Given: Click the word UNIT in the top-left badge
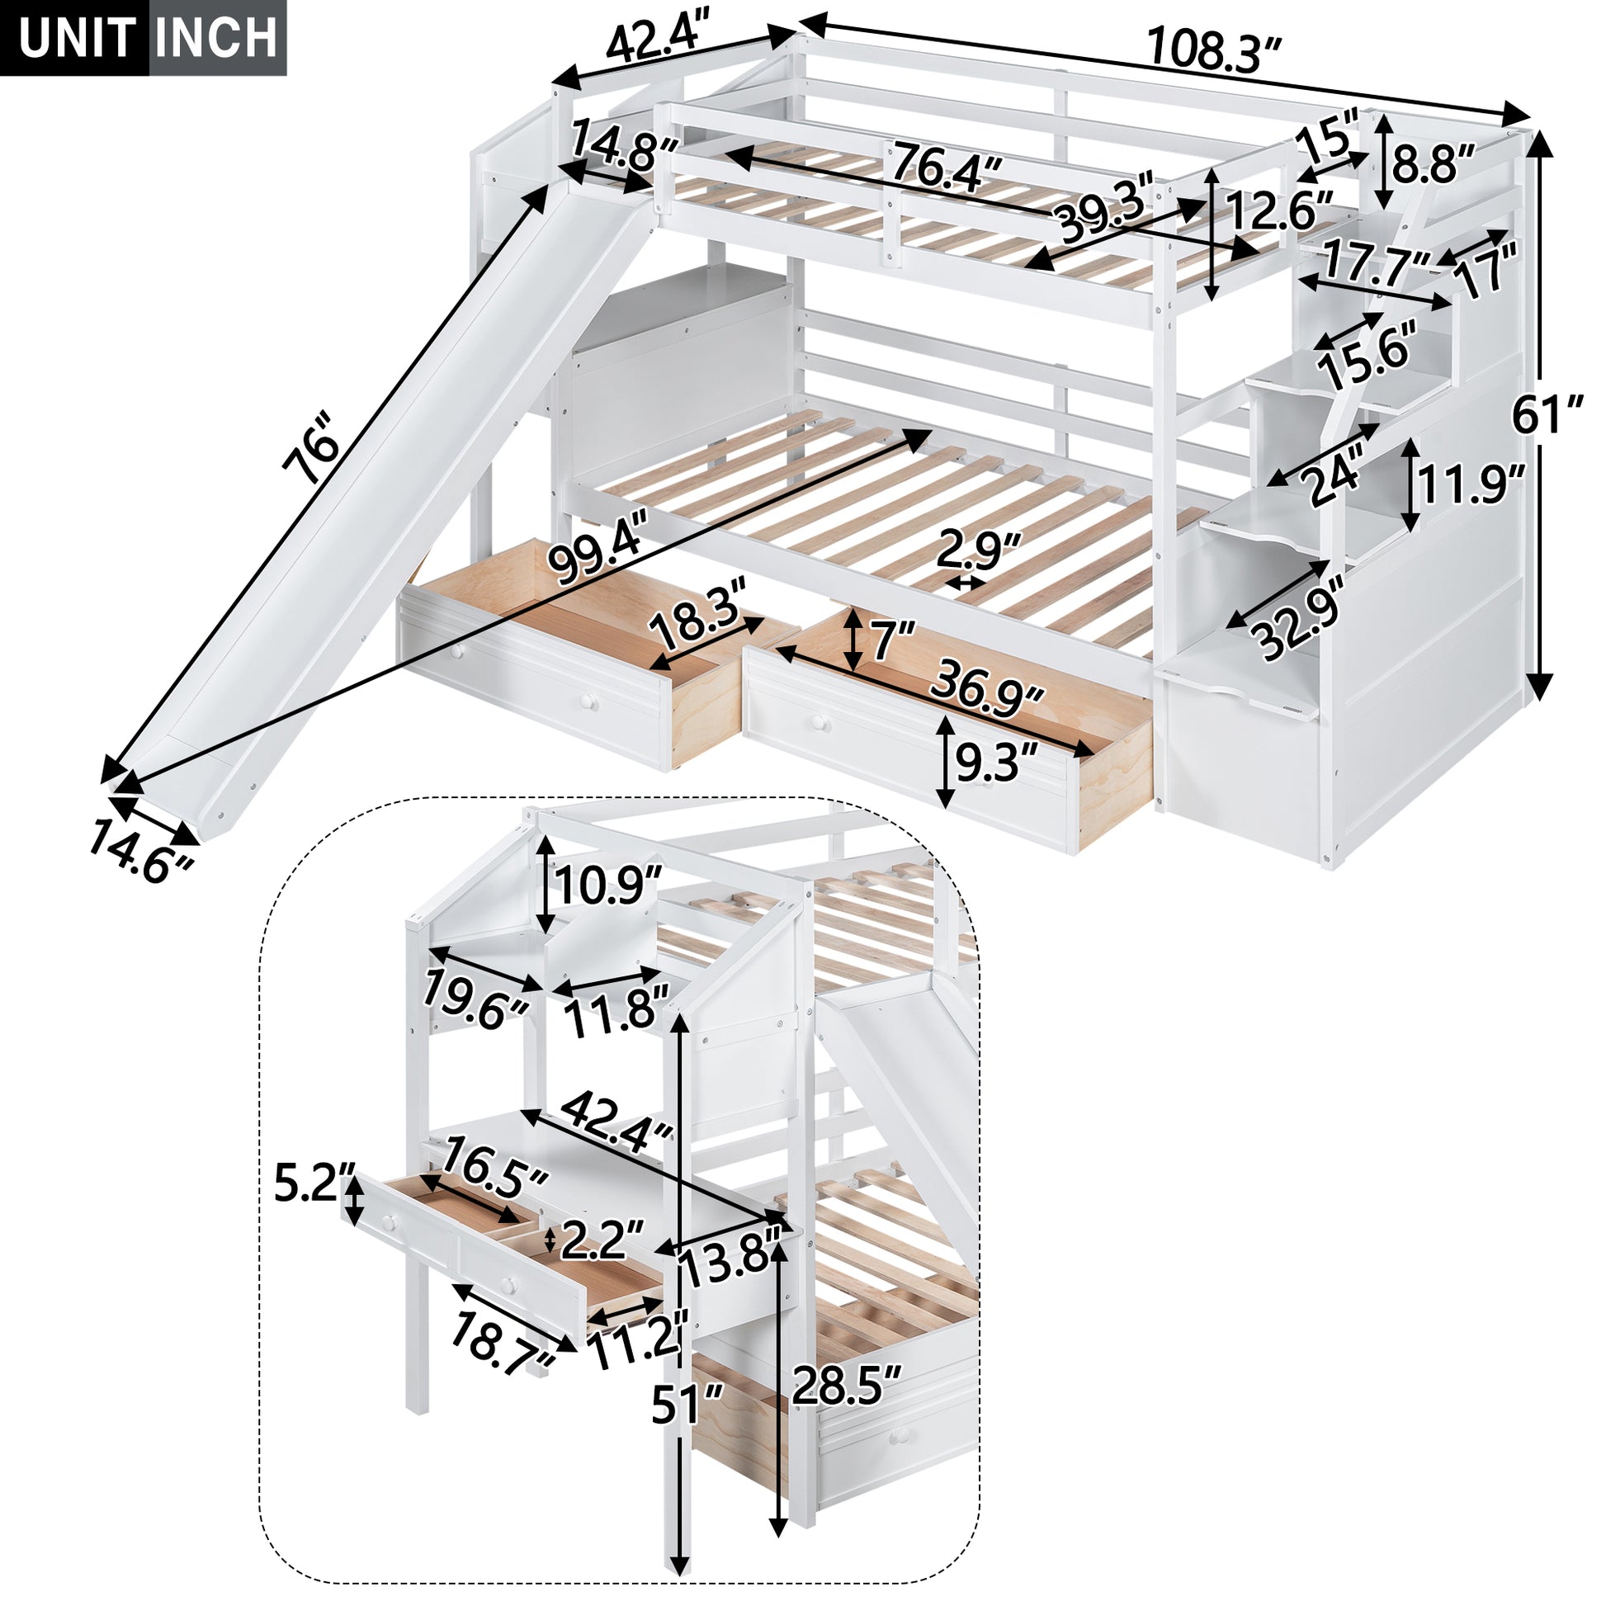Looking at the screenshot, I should point(77,37).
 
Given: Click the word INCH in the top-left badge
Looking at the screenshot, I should point(218,37).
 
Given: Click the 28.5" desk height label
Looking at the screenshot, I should point(846,1384).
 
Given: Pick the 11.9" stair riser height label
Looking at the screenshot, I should point(1470,485).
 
